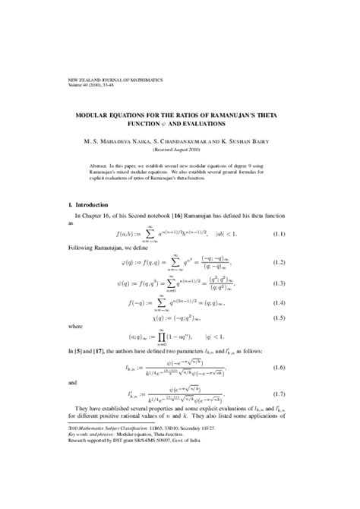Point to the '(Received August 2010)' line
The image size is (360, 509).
(179, 150)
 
